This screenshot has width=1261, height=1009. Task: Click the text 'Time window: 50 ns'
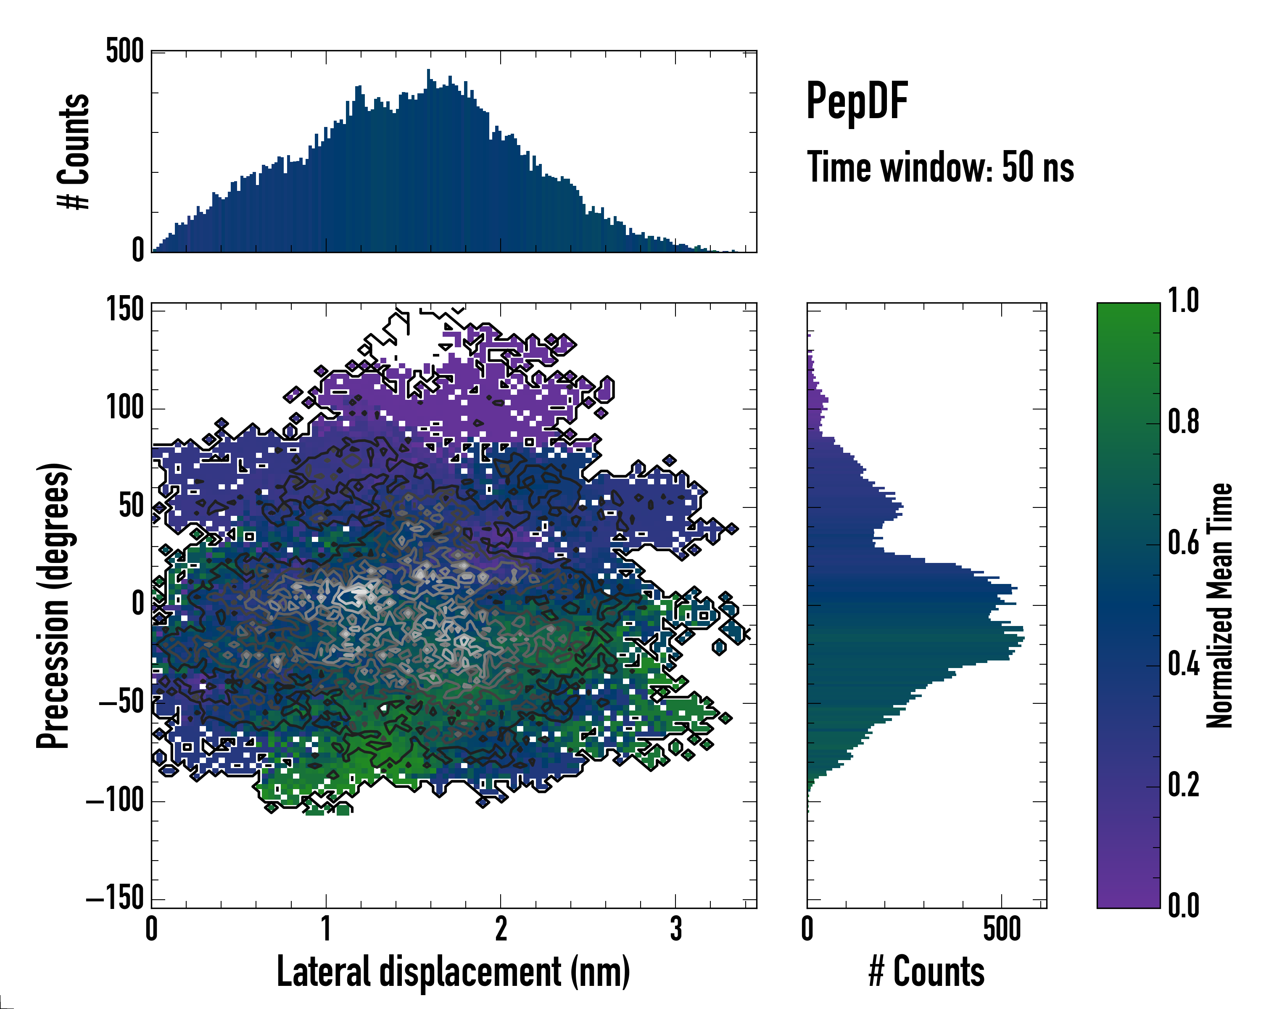(x=940, y=167)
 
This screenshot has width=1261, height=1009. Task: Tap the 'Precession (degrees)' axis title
(x=54, y=605)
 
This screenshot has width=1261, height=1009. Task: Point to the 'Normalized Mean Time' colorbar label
(x=1219, y=605)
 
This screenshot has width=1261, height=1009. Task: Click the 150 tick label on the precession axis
(x=124, y=309)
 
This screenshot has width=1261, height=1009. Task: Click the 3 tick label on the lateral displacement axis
(x=675, y=928)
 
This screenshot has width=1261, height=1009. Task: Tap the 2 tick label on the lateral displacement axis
(x=501, y=928)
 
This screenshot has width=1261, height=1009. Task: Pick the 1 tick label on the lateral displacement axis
(x=326, y=928)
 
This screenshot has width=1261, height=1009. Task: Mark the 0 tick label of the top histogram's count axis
(x=138, y=250)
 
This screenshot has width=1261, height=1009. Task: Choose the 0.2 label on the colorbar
(x=1183, y=785)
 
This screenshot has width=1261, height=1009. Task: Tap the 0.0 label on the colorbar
(x=1183, y=906)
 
